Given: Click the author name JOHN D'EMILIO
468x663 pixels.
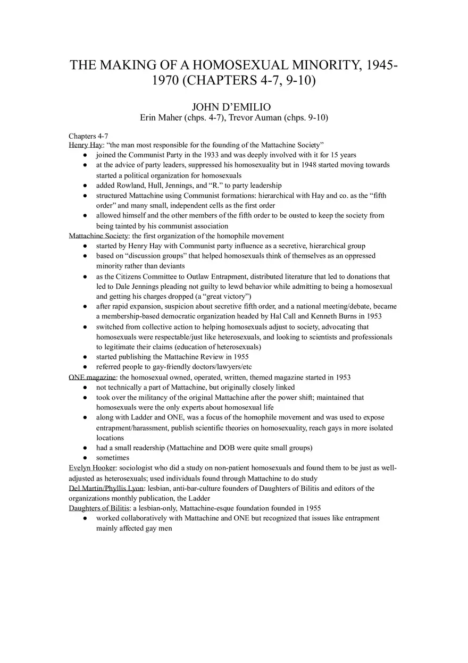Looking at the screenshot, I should pyautogui.click(x=234, y=107).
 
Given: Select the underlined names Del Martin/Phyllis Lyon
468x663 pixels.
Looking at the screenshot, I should pyautogui.click(x=106, y=488).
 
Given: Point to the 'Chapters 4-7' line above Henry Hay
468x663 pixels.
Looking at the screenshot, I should pyautogui.click(x=88, y=135).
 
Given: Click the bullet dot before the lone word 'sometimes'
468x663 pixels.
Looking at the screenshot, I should pyautogui.click(x=85, y=458).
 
